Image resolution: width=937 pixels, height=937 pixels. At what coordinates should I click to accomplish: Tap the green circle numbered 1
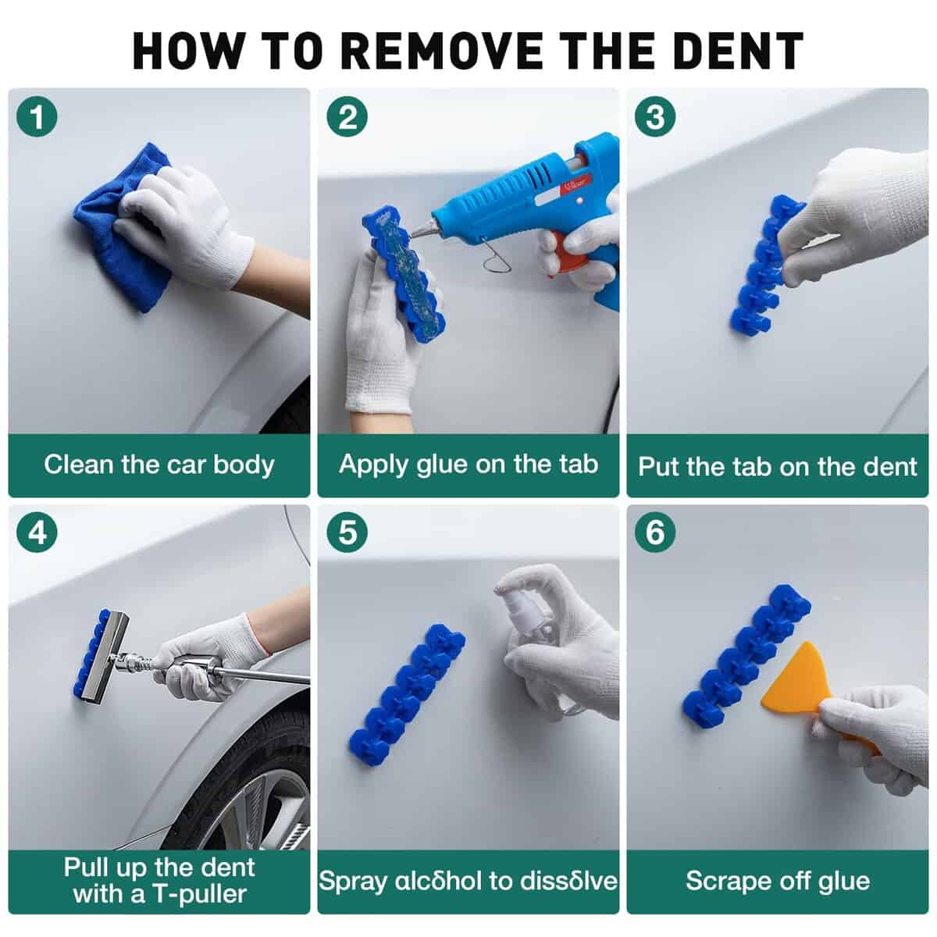[37, 116]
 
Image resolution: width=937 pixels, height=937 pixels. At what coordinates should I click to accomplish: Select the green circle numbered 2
[347, 116]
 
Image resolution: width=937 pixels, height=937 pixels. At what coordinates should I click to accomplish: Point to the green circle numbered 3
[655, 116]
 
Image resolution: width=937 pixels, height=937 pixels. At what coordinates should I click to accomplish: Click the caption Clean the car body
[159, 465]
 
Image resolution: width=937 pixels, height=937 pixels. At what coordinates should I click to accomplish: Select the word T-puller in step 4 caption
[200, 894]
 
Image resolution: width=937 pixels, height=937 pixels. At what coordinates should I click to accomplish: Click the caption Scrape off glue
[778, 881]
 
